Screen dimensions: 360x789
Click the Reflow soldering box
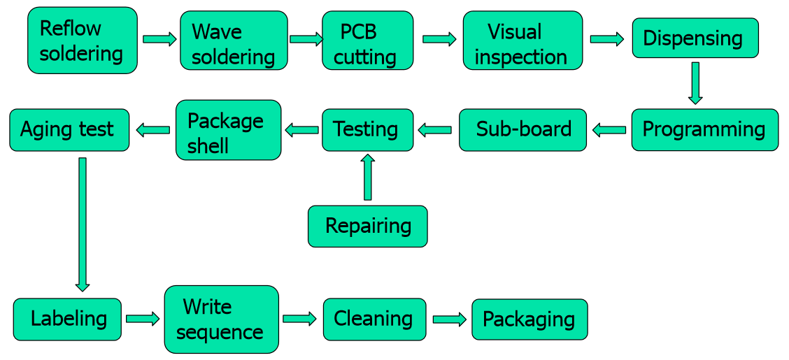(x=83, y=41)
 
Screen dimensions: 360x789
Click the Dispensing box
(x=695, y=38)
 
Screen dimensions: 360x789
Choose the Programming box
(x=704, y=130)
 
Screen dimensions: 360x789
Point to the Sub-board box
(x=523, y=130)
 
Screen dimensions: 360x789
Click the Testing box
(x=367, y=130)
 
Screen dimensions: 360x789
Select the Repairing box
(x=367, y=226)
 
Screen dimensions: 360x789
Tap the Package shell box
(x=228, y=130)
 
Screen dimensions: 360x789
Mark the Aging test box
(x=69, y=130)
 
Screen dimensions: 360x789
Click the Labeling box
(x=67, y=319)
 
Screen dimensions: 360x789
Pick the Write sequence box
(x=221, y=319)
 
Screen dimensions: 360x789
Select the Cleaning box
(x=374, y=319)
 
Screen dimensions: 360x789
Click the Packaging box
(x=529, y=319)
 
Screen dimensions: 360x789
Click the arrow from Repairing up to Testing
(x=367, y=178)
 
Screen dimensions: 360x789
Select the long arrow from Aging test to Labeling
(x=83, y=224)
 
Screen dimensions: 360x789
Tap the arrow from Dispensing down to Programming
(x=695, y=83)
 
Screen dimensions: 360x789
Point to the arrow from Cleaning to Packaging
(x=449, y=319)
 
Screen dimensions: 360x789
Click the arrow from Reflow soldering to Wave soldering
(x=159, y=39)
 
